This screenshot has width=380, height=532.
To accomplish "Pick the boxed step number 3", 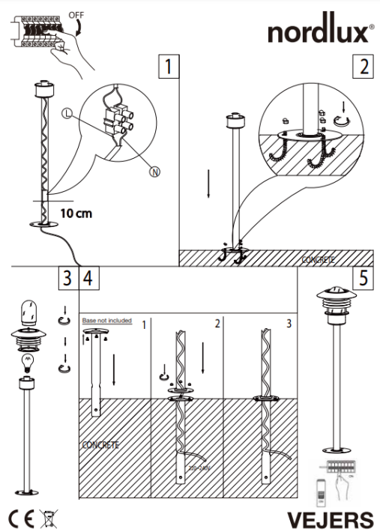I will (67, 279).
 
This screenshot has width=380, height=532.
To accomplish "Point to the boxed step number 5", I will (363, 279).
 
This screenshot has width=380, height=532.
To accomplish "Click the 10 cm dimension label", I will (76, 213).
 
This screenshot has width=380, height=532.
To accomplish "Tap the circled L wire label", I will (67, 114).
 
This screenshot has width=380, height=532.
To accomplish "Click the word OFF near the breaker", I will (76, 14).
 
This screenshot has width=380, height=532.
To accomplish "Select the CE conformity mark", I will (19, 518).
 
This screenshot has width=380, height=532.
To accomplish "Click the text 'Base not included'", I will (106, 321).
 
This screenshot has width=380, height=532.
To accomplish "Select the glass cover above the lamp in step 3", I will (31, 311).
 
